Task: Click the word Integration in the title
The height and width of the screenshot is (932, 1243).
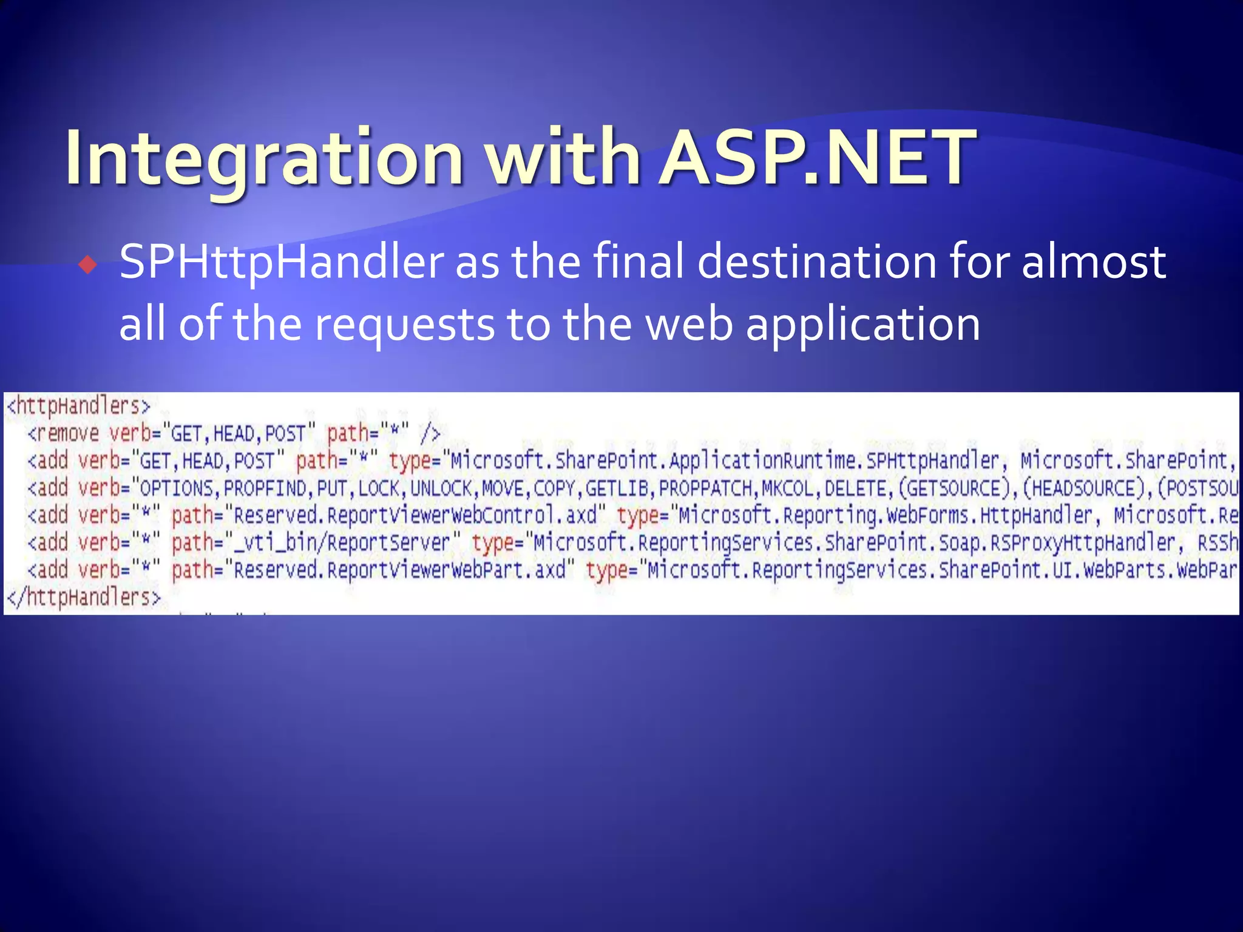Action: (264, 158)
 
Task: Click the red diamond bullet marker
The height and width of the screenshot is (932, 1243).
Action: (88, 265)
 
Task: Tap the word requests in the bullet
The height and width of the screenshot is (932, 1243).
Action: (405, 324)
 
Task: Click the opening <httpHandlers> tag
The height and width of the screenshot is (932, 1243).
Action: (78, 405)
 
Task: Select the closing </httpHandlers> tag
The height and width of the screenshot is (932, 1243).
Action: (84, 598)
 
